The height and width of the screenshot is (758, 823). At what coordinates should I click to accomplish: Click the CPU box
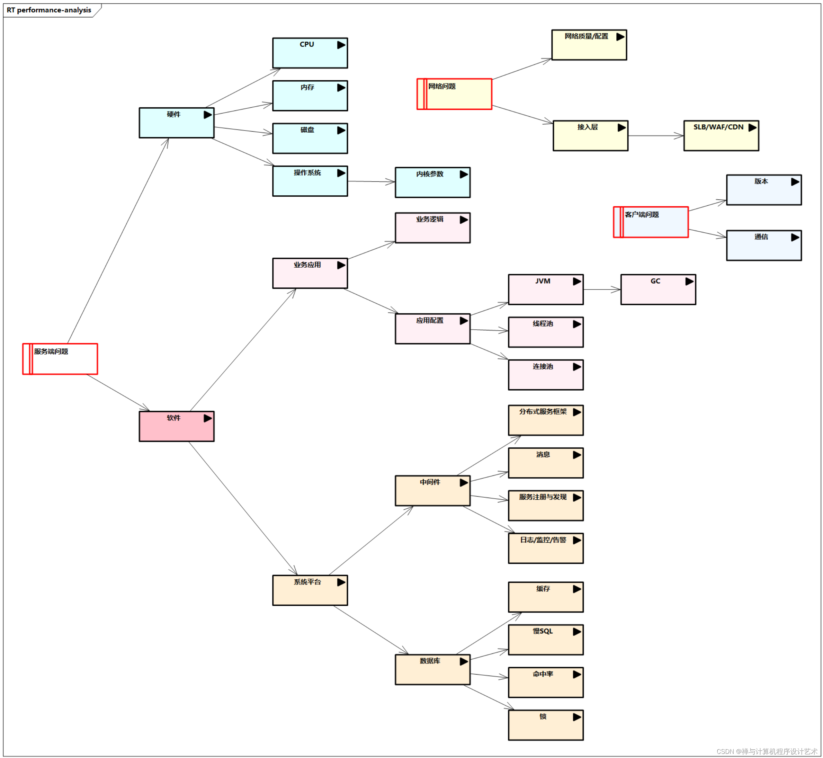tap(310, 53)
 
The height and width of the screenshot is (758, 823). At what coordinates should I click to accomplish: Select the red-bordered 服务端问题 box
tap(60, 359)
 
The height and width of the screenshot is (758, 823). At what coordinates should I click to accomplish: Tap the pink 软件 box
tap(176, 426)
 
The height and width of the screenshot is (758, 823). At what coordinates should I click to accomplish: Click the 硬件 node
tap(176, 123)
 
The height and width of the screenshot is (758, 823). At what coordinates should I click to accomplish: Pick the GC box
tap(658, 289)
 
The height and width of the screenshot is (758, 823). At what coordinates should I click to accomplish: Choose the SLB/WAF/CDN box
tap(721, 136)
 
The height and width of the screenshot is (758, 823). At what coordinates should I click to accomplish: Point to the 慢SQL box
tap(545, 640)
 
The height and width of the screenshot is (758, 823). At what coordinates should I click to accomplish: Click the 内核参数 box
tap(432, 182)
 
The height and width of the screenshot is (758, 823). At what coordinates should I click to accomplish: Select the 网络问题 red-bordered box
tap(454, 94)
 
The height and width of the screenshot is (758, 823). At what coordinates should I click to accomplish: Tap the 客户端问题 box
tap(651, 222)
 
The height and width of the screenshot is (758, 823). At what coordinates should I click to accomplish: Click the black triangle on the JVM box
tap(576, 282)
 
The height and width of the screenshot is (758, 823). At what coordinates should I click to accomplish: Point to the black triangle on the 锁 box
tap(576, 717)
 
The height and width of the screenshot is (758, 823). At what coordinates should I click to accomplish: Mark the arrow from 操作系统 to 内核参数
tap(371, 181)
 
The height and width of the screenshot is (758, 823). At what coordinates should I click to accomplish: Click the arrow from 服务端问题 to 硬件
tap(118, 240)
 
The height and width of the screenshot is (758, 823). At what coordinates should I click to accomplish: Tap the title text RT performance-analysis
tap(49, 10)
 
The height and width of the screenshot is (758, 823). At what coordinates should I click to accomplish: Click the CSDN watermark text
tap(767, 751)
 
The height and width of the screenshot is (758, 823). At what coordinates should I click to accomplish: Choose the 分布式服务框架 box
tap(545, 420)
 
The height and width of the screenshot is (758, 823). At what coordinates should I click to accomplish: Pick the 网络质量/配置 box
tap(589, 45)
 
